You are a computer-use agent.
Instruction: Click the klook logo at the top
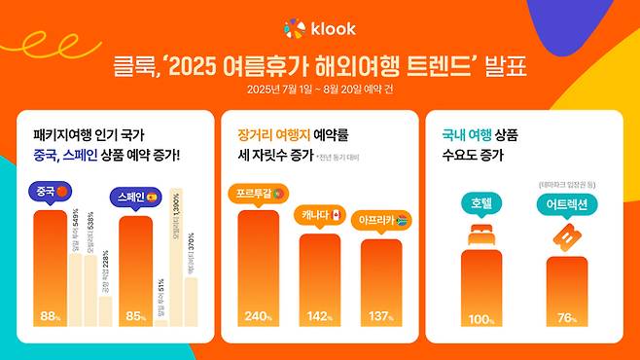point(319,28)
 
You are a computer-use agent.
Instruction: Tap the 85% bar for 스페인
point(135,272)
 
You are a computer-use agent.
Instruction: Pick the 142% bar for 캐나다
point(319,282)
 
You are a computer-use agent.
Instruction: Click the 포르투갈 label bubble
point(258,193)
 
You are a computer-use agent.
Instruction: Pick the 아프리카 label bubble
point(382,219)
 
